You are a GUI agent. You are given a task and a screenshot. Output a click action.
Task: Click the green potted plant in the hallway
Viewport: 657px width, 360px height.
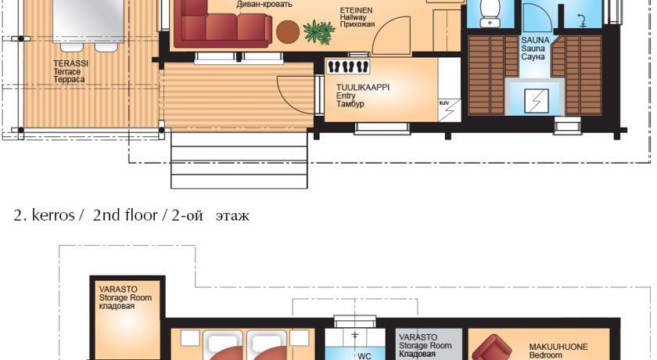pyautogui.click(x=319, y=32)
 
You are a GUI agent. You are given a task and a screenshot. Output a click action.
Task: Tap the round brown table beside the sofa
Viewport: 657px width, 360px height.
pyautogui.click(x=288, y=32)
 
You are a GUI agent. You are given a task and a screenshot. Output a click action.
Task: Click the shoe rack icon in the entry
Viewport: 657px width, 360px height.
pyautogui.click(x=348, y=67)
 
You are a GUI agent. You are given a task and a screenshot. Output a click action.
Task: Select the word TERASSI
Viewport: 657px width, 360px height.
pyautogui.click(x=71, y=63)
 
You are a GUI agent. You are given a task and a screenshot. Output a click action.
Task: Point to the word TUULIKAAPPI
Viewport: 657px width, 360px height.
pyautogui.click(x=363, y=87)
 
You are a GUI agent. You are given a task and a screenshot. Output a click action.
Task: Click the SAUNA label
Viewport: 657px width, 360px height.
pyautogui.click(x=535, y=40)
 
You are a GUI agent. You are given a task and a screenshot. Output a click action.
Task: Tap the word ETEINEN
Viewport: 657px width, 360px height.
pyautogui.click(x=356, y=10)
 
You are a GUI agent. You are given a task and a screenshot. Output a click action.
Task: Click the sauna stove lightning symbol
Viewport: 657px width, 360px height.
pyautogui.click(x=537, y=101)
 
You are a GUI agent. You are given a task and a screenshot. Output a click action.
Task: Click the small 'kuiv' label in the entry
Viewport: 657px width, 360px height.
pyautogui.click(x=443, y=103)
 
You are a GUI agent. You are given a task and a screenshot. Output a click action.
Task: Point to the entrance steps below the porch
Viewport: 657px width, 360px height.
pyautogui.click(x=239, y=160)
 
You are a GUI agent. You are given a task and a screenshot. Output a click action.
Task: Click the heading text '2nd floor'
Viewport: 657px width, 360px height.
pyautogui.click(x=125, y=215)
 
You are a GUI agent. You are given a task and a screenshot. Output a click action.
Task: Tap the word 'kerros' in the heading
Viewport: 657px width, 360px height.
pyautogui.click(x=53, y=215)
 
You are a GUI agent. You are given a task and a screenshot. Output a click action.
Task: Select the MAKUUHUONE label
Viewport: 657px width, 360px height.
pyautogui.click(x=558, y=347)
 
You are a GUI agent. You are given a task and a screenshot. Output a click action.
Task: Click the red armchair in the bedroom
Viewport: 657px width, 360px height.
pyautogui.click(x=492, y=347)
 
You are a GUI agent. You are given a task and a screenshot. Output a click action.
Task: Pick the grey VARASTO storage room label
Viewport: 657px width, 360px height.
pyautogui.click(x=418, y=337)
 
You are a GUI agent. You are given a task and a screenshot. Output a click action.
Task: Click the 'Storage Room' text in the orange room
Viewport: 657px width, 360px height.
pyautogui.click(x=125, y=297)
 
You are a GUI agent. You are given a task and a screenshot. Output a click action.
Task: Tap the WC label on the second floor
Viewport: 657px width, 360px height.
pyautogui.click(x=364, y=356)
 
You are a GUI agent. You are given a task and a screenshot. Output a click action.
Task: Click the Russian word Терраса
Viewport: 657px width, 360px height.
pyautogui.click(x=69, y=80)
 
